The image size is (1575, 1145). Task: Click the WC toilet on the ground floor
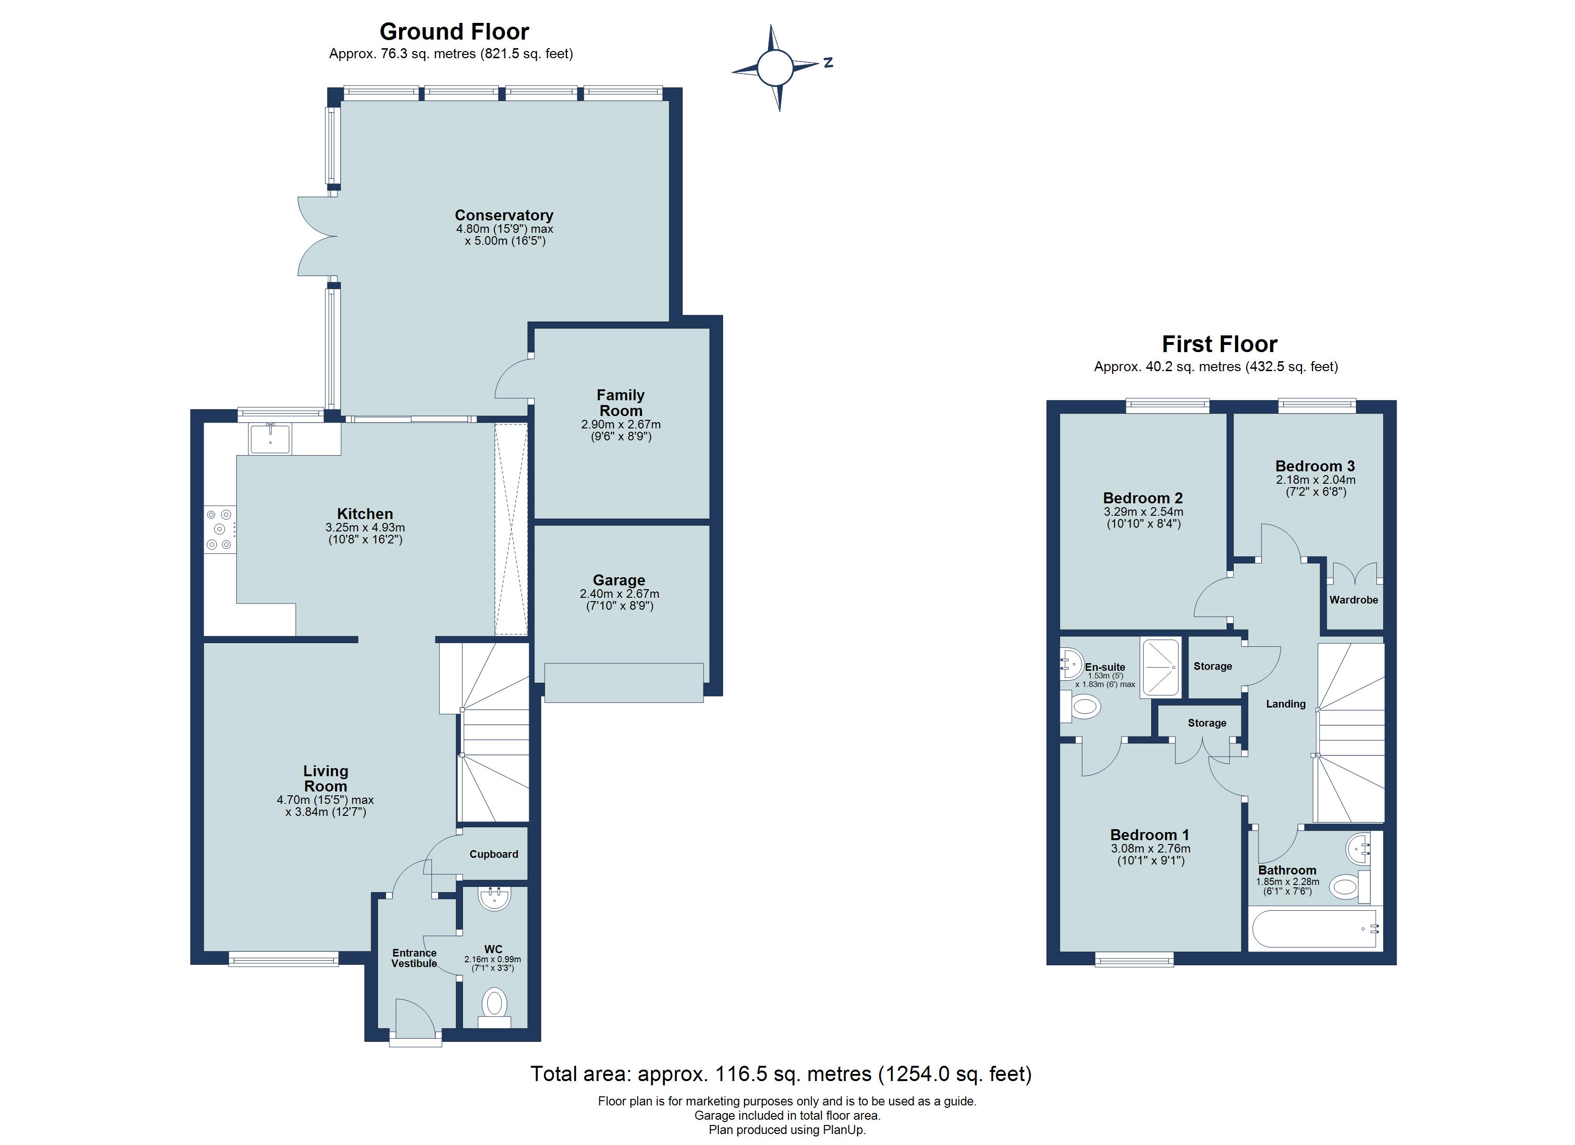(x=494, y=1005)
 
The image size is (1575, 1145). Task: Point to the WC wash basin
(x=494, y=899)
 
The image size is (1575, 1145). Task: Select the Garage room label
(x=619, y=580)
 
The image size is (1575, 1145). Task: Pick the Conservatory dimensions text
(x=505, y=235)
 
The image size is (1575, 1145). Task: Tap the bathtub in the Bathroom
(x=1312, y=928)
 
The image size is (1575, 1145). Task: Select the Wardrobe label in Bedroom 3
(x=1354, y=600)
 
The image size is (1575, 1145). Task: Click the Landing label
(x=1285, y=704)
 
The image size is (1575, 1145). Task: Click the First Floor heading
(x=1219, y=344)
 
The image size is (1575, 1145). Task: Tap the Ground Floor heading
(x=454, y=32)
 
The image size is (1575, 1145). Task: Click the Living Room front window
(x=283, y=960)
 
